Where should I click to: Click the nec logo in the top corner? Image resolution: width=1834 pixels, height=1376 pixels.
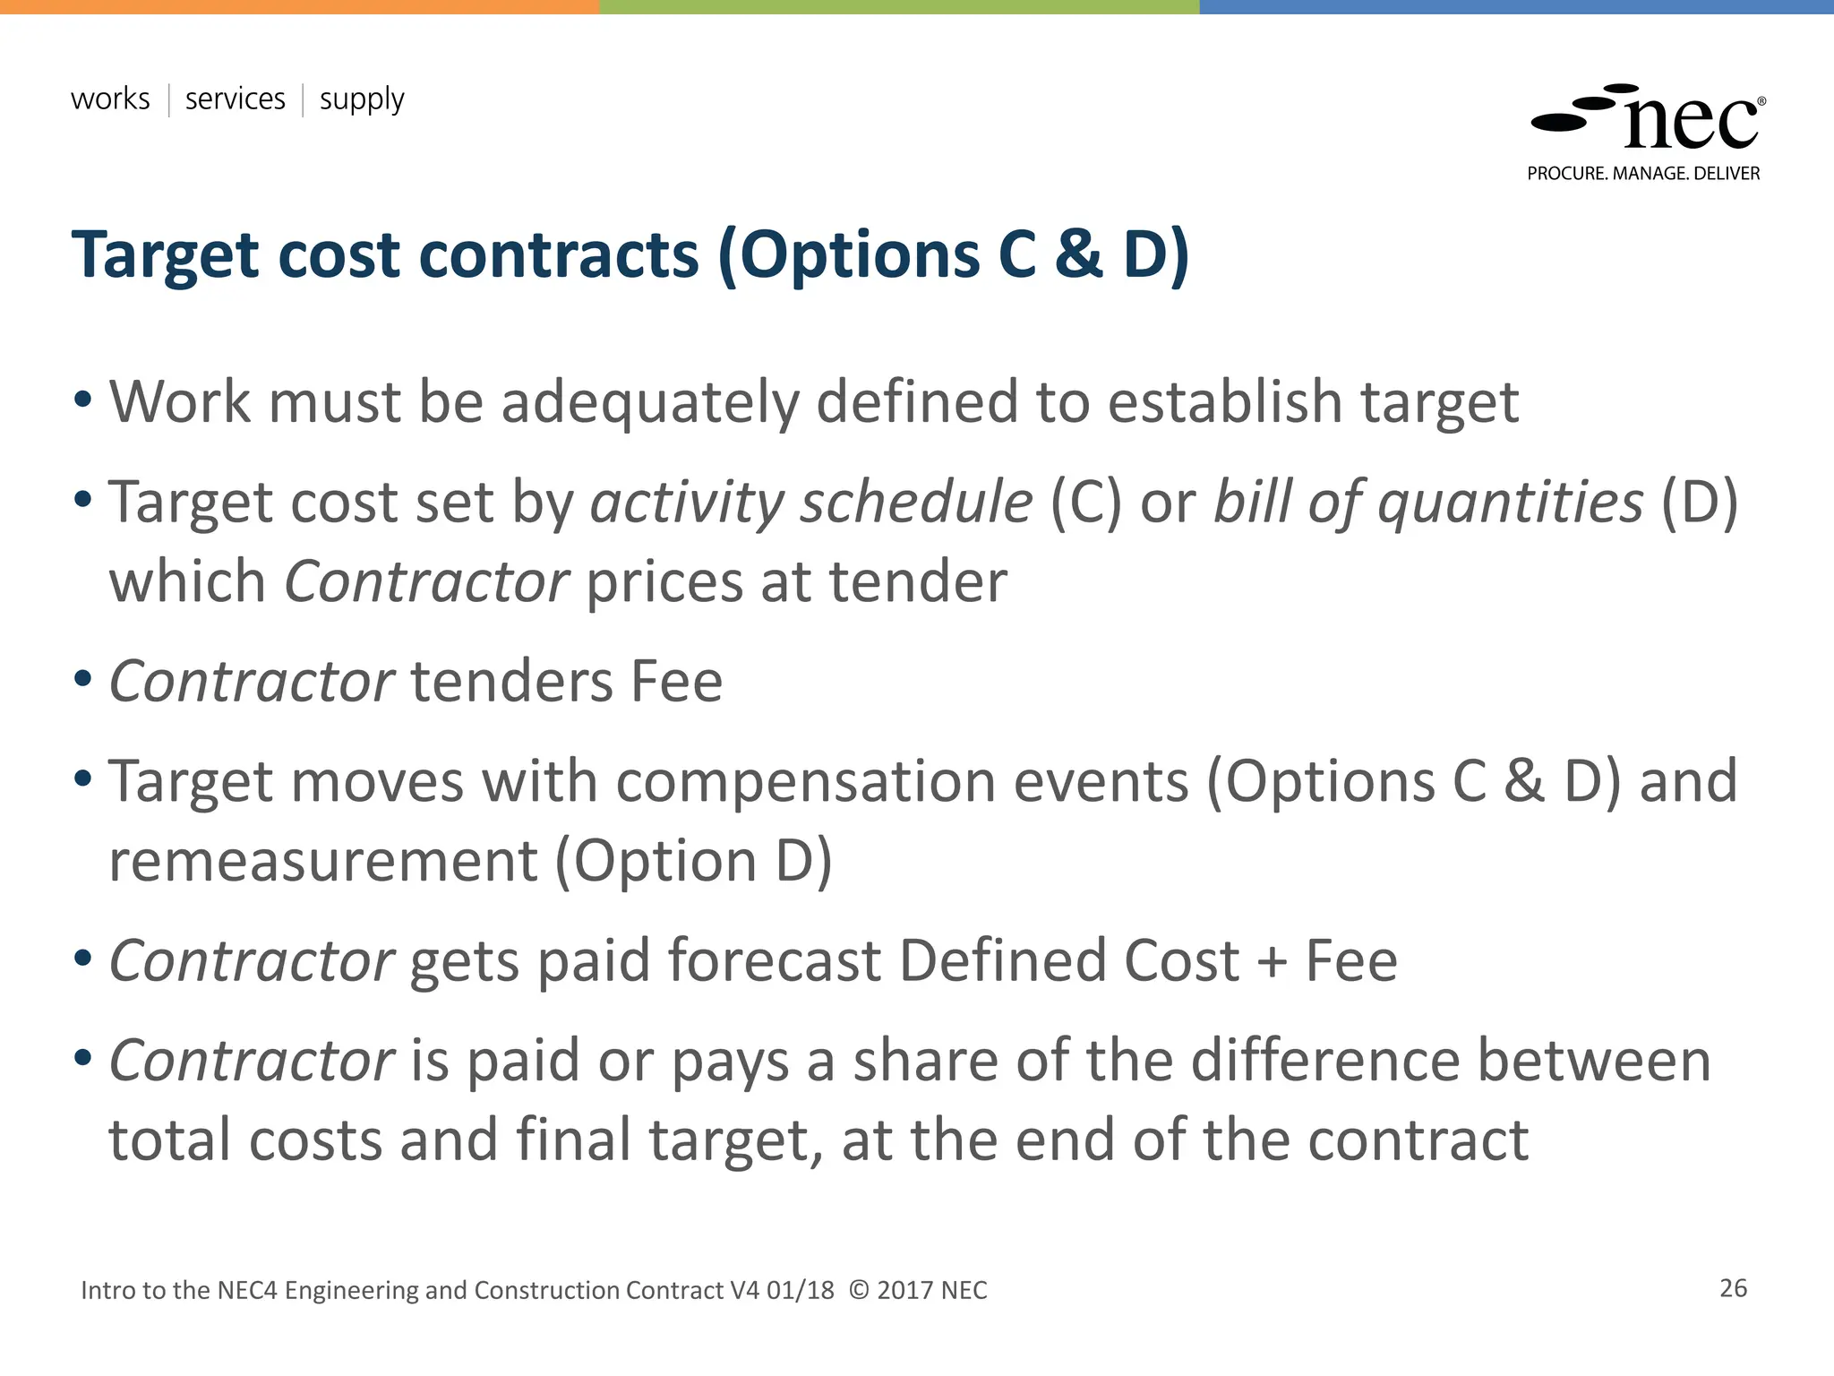click(x=1648, y=119)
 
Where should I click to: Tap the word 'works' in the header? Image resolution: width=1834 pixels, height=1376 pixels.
click(x=110, y=99)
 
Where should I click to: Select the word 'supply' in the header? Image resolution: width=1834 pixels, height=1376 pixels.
click(x=362, y=99)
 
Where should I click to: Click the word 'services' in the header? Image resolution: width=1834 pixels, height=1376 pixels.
click(x=235, y=99)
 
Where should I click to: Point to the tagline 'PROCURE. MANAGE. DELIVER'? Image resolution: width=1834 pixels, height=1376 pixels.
click(x=1643, y=174)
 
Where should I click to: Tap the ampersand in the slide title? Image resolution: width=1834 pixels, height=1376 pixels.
click(x=1078, y=254)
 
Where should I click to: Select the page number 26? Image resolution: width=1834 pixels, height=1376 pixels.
click(x=1733, y=1288)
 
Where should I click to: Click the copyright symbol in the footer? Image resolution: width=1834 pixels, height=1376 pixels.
click(x=858, y=1290)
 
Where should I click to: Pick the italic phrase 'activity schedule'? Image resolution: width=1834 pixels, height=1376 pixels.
click(x=811, y=502)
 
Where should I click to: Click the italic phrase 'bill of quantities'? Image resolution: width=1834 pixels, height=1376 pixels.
click(x=1427, y=502)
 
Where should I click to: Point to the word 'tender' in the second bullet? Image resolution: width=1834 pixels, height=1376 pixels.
click(x=918, y=582)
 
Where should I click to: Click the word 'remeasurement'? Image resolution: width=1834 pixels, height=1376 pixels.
click(x=323, y=862)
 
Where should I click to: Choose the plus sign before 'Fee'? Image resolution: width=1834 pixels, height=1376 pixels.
click(x=1272, y=962)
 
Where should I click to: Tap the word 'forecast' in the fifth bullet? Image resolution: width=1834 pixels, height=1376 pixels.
click(x=774, y=961)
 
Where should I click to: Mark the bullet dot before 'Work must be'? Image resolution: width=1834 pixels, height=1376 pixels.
click(x=83, y=399)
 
